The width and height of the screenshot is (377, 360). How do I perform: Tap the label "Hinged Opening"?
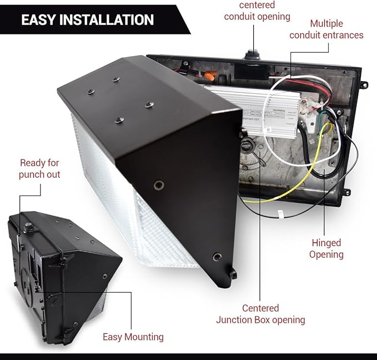(x=326, y=249)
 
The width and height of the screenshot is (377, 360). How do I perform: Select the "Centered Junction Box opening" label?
(x=260, y=314)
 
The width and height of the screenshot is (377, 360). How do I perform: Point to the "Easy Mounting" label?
(x=133, y=337)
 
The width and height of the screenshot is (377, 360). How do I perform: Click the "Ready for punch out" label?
(x=39, y=168)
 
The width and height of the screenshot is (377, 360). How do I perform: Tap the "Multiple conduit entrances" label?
(x=334, y=29)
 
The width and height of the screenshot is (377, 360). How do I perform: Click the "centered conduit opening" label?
(x=257, y=11)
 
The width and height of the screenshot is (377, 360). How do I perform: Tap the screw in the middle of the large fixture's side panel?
(x=159, y=185)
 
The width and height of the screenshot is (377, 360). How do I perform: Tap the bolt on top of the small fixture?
(x=28, y=227)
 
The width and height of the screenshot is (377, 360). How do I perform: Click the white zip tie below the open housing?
(x=281, y=213)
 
